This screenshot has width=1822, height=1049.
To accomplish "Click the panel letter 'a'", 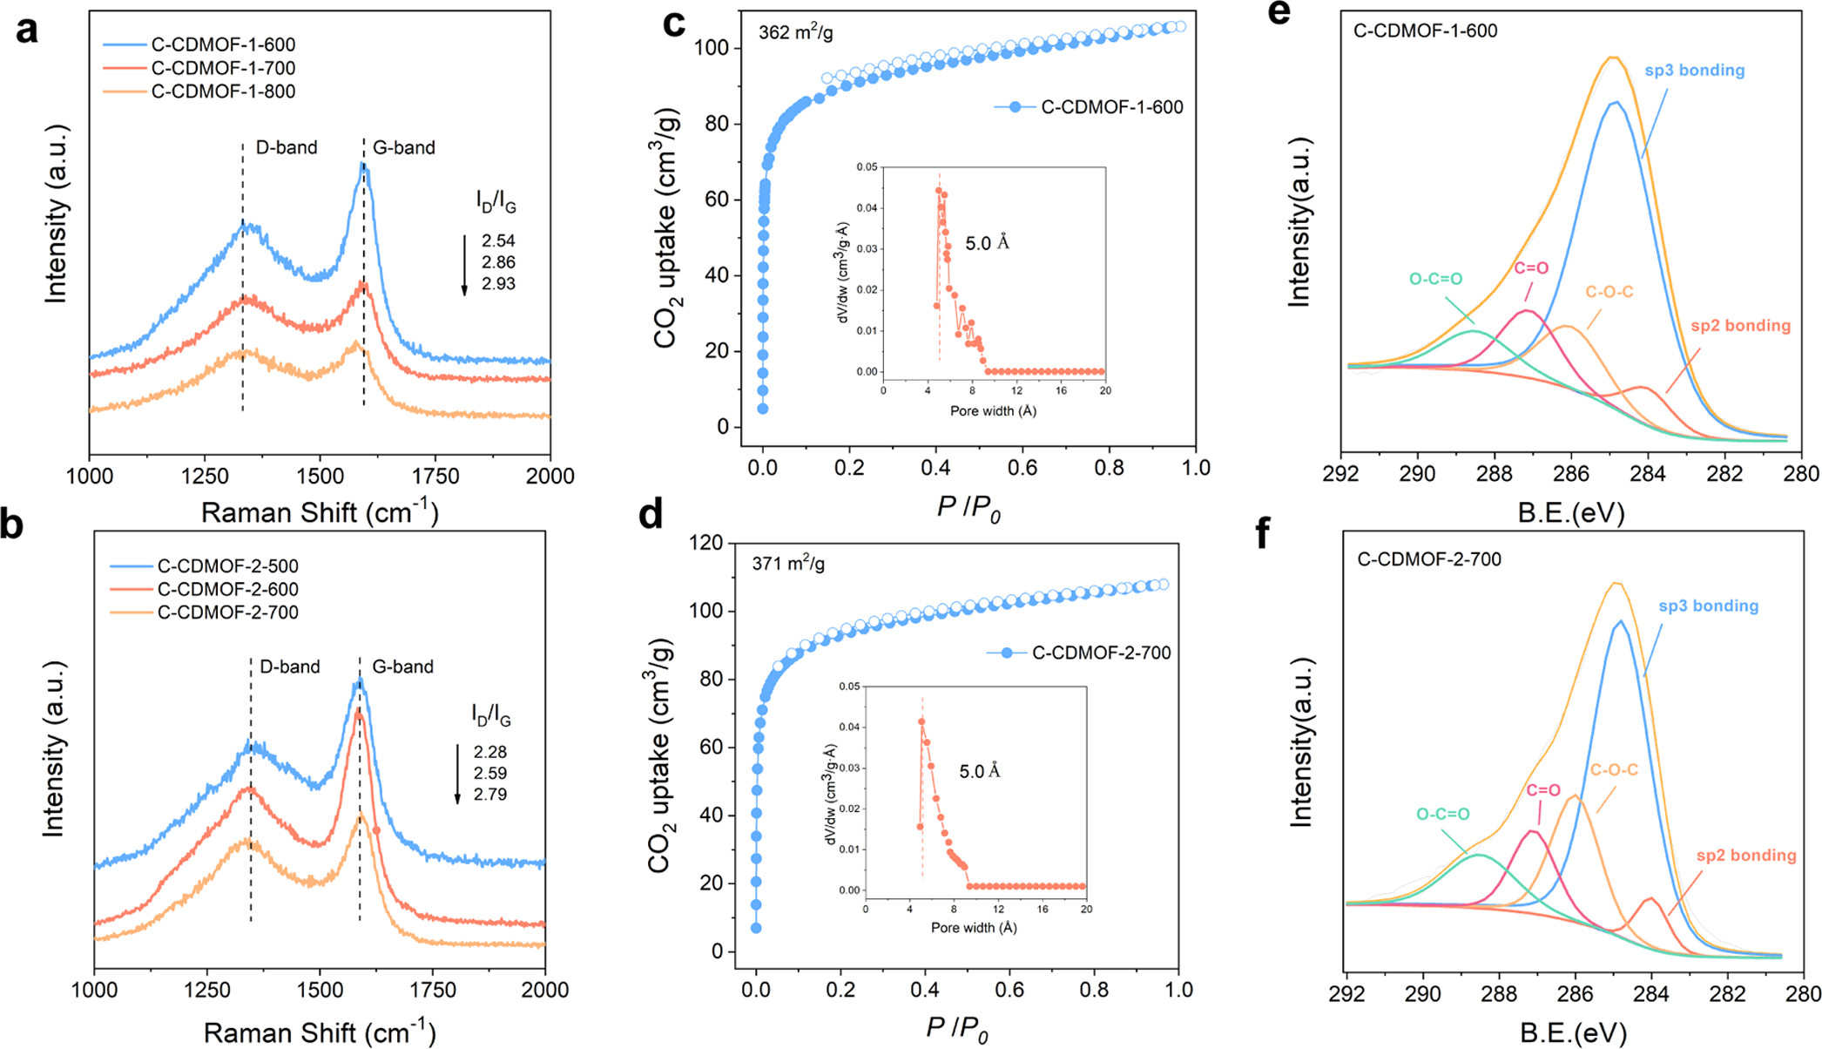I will click(x=27, y=30).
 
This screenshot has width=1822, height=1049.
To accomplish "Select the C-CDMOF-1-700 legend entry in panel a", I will click(x=223, y=68).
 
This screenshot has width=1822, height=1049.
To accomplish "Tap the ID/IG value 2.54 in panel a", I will click(x=498, y=240).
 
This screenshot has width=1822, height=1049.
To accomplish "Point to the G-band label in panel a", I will click(x=403, y=148).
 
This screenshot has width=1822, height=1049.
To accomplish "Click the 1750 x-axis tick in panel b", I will click(x=432, y=990).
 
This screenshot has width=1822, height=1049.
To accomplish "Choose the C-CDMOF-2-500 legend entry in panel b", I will click(x=227, y=566).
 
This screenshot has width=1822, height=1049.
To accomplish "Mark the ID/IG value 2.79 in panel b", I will click(x=490, y=795).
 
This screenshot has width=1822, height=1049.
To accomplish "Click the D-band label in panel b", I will click(x=289, y=667).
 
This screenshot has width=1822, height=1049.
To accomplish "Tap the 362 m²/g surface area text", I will click(x=795, y=33).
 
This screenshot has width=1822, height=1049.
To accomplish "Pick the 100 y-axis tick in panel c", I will click(x=711, y=47).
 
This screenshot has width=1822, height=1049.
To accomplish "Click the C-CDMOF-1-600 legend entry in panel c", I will click(x=1111, y=108).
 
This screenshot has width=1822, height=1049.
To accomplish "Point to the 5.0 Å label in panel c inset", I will click(x=987, y=244).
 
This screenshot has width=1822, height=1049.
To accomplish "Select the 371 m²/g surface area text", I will click(x=788, y=565).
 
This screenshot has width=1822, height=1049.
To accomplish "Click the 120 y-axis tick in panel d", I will click(x=705, y=543).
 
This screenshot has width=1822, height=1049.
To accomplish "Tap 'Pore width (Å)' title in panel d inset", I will click(x=974, y=928).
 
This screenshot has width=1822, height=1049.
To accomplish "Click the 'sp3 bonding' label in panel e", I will click(x=1694, y=71).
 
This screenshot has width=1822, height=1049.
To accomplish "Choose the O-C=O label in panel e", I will click(x=1435, y=280).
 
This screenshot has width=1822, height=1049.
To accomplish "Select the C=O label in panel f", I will click(x=1542, y=791).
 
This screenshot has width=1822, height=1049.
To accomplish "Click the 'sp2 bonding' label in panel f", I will click(x=1745, y=856).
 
